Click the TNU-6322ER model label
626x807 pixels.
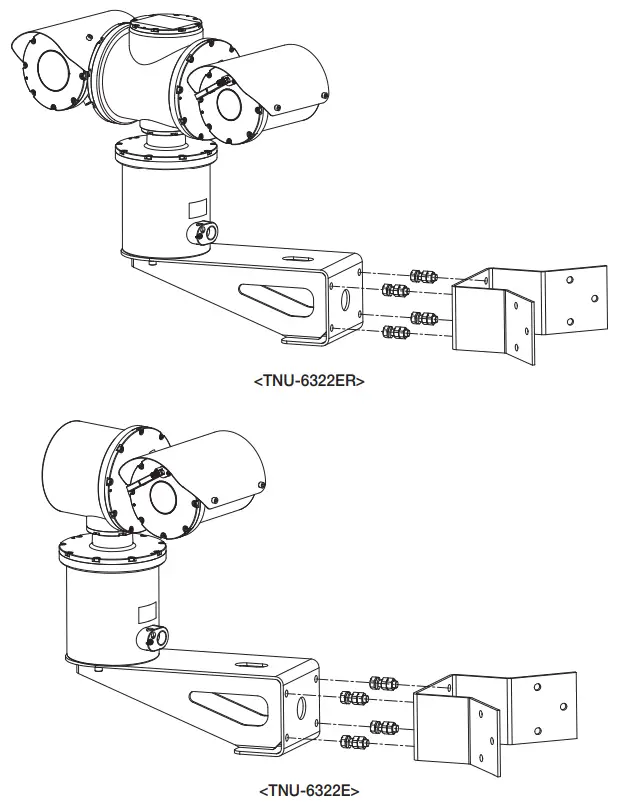pos(309,381)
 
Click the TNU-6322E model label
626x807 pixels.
pos(309,790)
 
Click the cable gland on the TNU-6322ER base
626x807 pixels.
pos(206,232)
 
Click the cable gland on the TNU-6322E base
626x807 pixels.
pos(155,636)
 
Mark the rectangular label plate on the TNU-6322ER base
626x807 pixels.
pos(196,207)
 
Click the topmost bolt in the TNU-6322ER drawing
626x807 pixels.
pos(423,275)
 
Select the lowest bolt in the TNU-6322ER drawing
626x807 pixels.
pos(394,335)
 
